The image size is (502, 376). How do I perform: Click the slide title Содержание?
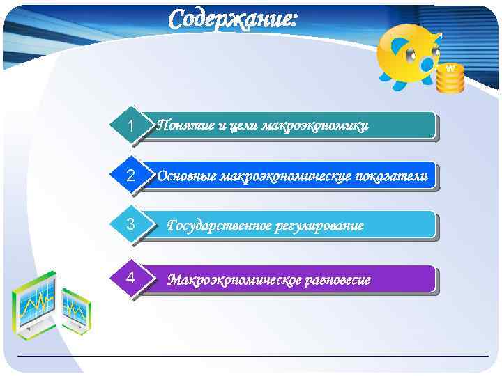pyautogui.click(x=233, y=19)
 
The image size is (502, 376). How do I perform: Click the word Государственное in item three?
pyautogui.click(x=220, y=226)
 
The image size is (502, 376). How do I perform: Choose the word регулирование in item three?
pyautogui.click(x=321, y=226)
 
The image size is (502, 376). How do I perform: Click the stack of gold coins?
pyautogui.click(x=450, y=79)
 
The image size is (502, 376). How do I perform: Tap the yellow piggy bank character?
pyautogui.click(x=408, y=56)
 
